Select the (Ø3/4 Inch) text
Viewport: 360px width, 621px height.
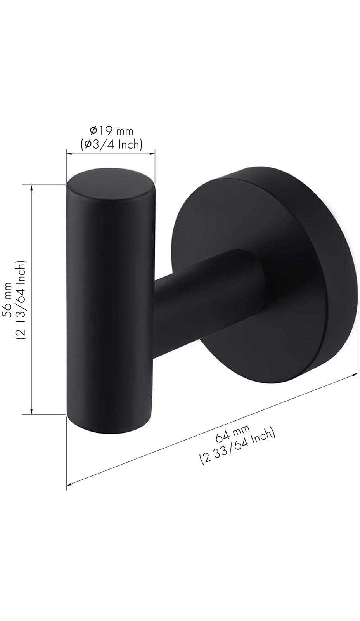coord(111,144)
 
